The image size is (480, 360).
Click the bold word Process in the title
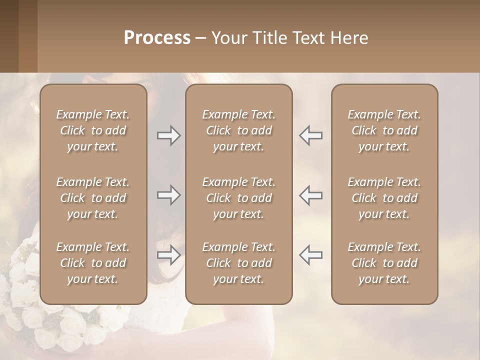point(157,38)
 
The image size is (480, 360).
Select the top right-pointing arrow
point(168,135)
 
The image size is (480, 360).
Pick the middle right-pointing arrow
point(168,195)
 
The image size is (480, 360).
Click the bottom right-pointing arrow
point(168,255)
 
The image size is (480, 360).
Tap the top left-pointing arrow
point(311,135)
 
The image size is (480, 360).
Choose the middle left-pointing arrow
point(311,195)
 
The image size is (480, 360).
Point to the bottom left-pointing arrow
point(311,255)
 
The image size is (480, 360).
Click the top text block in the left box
point(93,130)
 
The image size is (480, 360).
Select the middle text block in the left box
point(93,198)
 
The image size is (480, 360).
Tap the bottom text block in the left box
point(93,263)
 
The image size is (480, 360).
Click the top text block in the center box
point(238,130)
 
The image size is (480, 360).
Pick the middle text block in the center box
point(238,198)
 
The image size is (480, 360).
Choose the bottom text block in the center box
point(238,263)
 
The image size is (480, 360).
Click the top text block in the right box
point(384,130)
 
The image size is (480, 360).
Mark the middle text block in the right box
point(384,198)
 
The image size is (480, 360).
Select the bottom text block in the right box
point(384,263)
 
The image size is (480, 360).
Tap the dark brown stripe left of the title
point(9,36)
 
